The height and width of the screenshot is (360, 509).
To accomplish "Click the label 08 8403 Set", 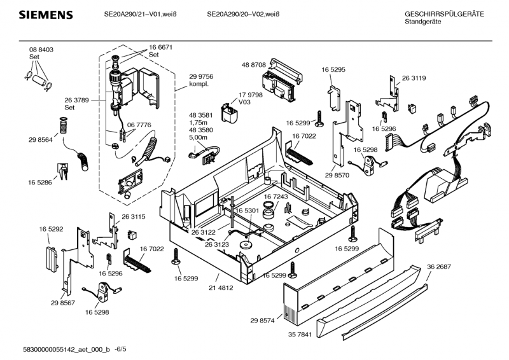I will [41, 53].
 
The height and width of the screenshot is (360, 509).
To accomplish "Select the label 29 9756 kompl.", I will [201, 80].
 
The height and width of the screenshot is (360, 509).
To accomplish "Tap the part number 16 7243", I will [276, 197].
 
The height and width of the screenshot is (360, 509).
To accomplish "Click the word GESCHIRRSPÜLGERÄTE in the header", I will [444, 14].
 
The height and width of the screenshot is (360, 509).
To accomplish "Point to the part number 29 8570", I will [337, 175].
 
